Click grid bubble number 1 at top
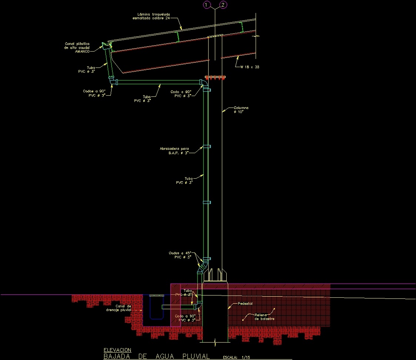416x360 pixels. pyautogui.click(x=206, y=5)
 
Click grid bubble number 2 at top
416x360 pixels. pyautogui.click(x=223, y=5)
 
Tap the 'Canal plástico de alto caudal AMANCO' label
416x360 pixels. pyautogui.click(x=77, y=47)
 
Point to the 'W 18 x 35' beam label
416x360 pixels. pyautogui.click(x=249, y=67)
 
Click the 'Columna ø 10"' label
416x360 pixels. pyautogui.click(x=241, y=110)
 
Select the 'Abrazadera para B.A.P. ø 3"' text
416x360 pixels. pyautogui.click(x=174, y=151)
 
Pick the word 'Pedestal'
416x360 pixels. pyautogui.click(x=245, y=303)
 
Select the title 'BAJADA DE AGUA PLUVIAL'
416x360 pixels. pyautogui.click(x=156, y=356)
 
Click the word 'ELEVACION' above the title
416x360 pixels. pyautogui.click(x=117, y=350)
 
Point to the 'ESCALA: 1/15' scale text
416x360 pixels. pyautogui.click(x=237, y=357)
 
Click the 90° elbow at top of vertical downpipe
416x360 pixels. pyautogui.click(x=203, y=83)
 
